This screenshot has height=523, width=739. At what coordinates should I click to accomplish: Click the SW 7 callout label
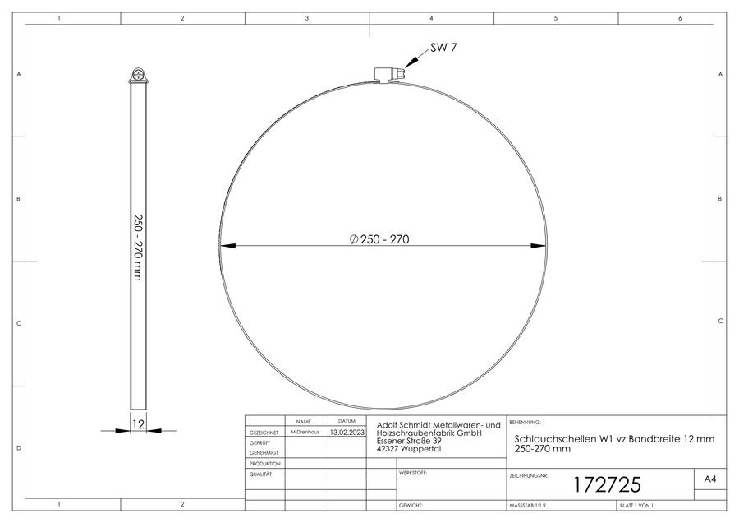443,48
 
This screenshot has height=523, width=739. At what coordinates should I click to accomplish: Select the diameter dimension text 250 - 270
379,239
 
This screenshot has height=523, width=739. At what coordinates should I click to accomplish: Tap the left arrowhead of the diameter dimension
228,246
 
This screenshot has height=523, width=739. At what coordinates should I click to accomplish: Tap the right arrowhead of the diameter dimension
538,246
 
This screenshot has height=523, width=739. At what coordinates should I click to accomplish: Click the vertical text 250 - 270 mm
138,248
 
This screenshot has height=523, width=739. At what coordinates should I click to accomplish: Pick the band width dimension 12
138,423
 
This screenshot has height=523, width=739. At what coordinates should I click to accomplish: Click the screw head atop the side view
138,75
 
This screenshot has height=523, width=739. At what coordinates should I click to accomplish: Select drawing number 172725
607,485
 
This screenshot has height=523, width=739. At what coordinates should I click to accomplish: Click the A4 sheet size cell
710,479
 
